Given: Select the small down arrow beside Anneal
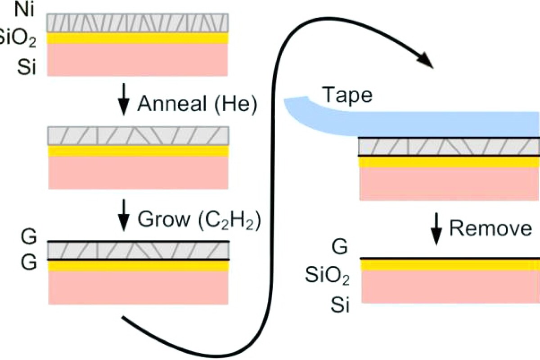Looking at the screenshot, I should coord(122,104).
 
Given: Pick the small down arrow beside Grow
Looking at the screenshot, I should coord(122,220).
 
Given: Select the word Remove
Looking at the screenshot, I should coord(490,229).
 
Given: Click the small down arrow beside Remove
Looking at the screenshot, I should coord(436,230).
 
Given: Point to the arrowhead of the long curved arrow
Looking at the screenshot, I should coord(425,61).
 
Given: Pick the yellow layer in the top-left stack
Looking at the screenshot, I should coord(139,38).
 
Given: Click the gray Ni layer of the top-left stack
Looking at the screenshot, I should coord(139,22).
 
